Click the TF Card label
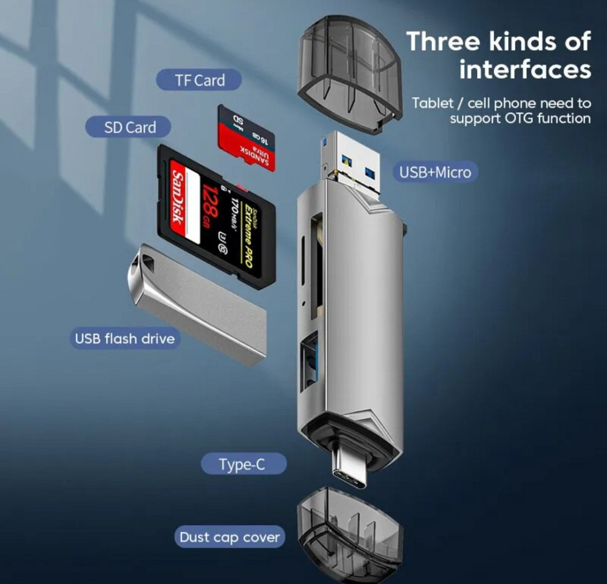point(199,80)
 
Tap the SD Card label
point(129,127)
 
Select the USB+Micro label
point(435,172)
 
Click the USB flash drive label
point(124,338)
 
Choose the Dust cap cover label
point(230,537)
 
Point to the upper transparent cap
point(349,73)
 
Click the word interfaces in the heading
point(524,69)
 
